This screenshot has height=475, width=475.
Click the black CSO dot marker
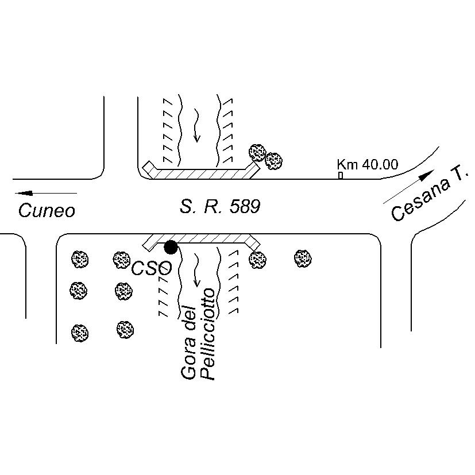click(171, 247)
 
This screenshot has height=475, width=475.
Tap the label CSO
click(152, 268)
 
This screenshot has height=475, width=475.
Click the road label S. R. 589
click(220, 207)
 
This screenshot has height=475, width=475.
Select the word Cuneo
click(47, 211)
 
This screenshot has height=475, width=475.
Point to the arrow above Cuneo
click(46, 193)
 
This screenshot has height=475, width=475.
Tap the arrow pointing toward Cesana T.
click(408, 187)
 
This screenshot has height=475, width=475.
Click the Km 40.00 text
click(368, 164)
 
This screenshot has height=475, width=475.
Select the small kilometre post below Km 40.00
click(341, 175)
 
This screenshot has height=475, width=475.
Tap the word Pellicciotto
click(208, 334)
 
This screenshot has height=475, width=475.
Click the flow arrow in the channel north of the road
click(197, 125)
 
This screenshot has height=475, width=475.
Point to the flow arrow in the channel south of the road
click(197, 270)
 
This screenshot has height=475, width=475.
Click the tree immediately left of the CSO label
click(121, 260)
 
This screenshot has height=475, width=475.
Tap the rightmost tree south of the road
click(303, 258)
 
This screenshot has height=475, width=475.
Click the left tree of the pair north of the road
click(257, 153)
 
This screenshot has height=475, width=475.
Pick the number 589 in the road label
click(245, 207)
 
